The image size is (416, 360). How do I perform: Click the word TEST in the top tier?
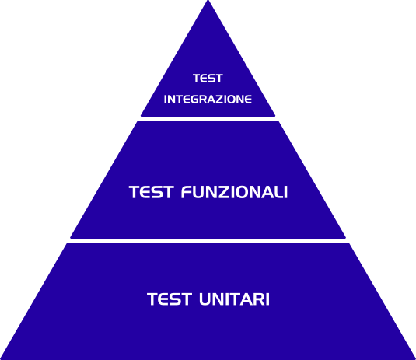coord(208,79)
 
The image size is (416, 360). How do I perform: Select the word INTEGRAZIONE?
coord(208,100)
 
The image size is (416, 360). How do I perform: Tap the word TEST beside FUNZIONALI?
coord(151,192)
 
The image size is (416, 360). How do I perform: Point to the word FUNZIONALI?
coord(234,192)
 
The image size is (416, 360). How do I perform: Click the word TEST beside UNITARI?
coord(170,299)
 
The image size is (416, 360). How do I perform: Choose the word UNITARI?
coord(234,299)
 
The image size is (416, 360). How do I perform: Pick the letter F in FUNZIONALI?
coord(187,192)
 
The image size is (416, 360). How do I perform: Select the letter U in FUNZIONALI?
coord(201,192)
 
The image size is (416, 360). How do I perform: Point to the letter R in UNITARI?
coord(257,299)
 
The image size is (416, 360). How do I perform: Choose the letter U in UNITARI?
coord(205,299)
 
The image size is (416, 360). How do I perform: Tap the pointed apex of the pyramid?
coord(208,1)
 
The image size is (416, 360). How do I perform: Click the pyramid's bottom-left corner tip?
coord(1,359)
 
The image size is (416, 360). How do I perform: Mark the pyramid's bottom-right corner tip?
coord(415,359)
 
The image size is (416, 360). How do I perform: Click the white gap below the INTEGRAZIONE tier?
coord(208,119)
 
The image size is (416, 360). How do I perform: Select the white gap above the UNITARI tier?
coord(208,241)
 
